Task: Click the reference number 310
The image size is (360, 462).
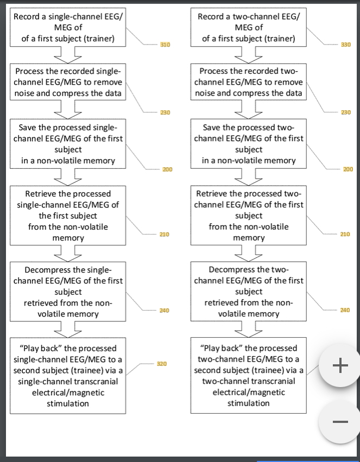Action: pos(165,44)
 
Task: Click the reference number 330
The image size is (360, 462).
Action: pos(345,44)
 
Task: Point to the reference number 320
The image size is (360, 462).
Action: pos(161,363)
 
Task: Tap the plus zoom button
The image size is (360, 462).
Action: pos(340,366)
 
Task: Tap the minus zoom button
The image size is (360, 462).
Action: pos(340,421)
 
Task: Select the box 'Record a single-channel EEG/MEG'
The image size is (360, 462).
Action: pos(68,28)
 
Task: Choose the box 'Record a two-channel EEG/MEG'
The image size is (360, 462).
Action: pos(249,28)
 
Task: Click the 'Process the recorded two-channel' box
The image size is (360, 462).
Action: pos(249,82)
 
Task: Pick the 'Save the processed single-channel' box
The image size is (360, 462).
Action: pos(68,144)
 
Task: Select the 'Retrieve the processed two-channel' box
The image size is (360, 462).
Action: pos(249,216)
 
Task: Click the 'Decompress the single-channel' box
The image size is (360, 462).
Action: pos(68,292)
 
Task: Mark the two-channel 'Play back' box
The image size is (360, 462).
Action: pos(249,375)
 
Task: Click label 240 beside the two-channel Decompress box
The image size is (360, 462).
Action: pos(345,310)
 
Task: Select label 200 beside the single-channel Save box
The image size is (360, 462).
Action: pos(167,169)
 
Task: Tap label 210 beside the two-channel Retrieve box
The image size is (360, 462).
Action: pos(345,234)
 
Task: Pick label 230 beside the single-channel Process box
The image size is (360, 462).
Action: pos(165,112)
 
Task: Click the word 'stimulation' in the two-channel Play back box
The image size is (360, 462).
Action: pos(249,403)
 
